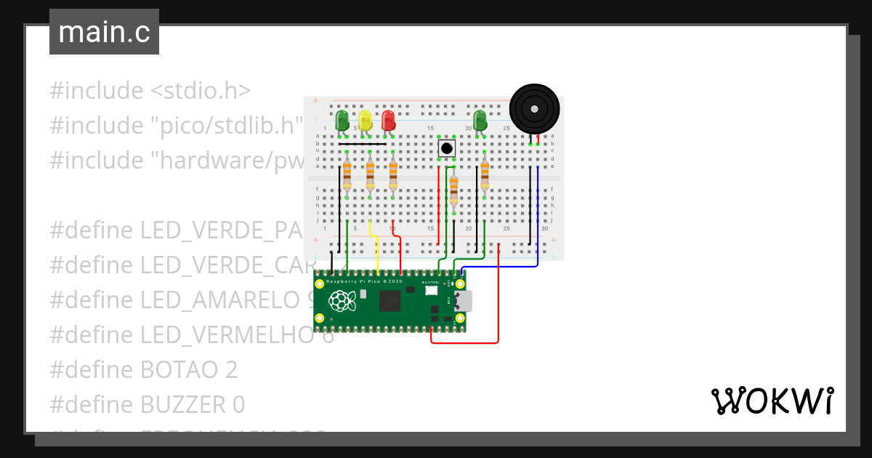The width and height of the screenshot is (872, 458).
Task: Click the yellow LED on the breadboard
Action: point(365,120)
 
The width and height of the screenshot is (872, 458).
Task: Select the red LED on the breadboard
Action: point(388,120)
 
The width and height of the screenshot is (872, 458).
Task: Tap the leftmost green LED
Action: point(342,120)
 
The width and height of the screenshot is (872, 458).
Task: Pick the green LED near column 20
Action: point(480,120)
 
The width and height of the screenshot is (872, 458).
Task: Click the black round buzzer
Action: point(535,109)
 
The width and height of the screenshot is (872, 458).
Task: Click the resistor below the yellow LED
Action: point(370,174)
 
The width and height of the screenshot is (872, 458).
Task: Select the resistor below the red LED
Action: point(393,174)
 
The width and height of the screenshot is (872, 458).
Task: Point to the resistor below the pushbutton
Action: point(454,192)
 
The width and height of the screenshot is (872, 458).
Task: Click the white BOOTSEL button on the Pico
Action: point(431,290)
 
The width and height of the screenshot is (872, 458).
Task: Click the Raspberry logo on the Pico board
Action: point(340,300)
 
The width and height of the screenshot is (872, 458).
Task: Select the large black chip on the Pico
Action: point(389,300)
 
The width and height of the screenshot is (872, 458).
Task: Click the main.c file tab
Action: point(104,32)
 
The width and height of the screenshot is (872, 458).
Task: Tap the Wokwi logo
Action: point(772,401)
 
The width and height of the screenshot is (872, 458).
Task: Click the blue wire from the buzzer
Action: point(538,218)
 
